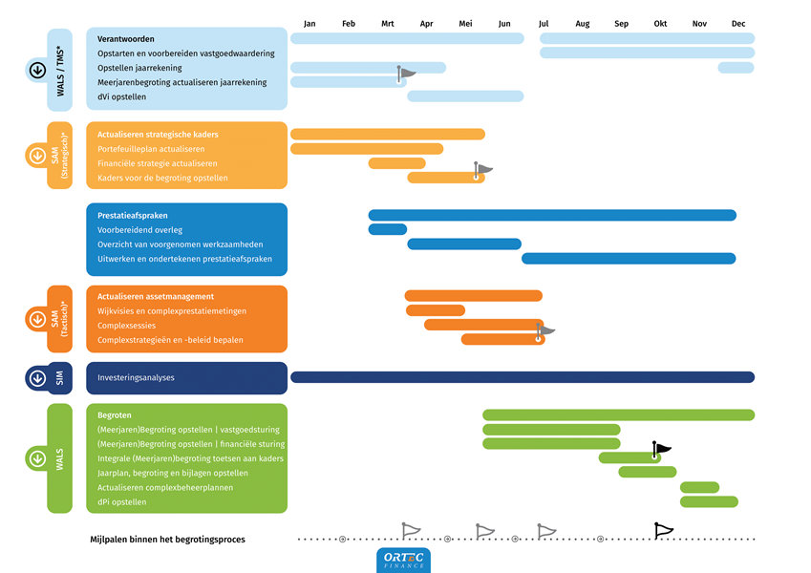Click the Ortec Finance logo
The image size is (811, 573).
[x=404, y=561]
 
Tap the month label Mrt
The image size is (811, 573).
[x=388, y=23]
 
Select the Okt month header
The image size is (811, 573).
[x=660, y=23]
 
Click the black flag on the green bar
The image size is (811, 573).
[x=661, y=448]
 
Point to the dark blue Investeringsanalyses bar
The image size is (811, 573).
[x=522, y=377]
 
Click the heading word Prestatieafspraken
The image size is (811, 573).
[x=133, y=216]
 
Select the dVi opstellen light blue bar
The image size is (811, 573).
[x=465, y=95]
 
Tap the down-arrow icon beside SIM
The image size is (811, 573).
[x=37, y=378]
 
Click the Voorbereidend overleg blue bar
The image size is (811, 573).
[x=387, y=229]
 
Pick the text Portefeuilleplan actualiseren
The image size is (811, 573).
[x=150, y=149]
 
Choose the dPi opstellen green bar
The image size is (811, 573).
[x=709, y=501]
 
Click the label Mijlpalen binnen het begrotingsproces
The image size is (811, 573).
[x=167, y=540]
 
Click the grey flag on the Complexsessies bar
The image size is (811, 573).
[x=545, y=330]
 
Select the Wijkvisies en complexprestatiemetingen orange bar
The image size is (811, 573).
[x=435, y=310]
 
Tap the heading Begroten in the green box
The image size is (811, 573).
[x=115, y=415]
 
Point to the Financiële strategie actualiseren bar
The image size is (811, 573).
[x=396, y=163]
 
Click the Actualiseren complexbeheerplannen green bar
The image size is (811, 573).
[x=699, y=487]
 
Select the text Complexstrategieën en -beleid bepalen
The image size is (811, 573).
[x=170, y=340]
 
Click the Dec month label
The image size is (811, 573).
[x=738, y=23]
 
